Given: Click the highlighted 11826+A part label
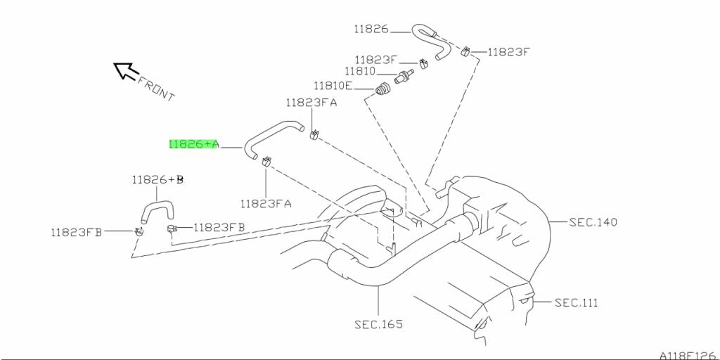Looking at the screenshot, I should tap(193, 144).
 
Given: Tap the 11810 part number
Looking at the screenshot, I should tap(360, 72).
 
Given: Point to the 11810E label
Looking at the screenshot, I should tap(333, 86).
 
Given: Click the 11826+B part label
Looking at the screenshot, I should tap(157, 180).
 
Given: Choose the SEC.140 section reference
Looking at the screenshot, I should tap(593, 222).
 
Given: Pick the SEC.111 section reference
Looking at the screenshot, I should tap(576, 302).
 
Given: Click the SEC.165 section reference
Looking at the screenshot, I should tap(379, 325).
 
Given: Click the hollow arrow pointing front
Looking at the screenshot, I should tap(125, 70).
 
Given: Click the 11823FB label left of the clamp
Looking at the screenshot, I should tap(76, 231).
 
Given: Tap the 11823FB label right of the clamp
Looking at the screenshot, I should tap(219, 227).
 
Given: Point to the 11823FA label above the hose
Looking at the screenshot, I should tap(311, 102).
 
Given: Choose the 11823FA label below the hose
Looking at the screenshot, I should tap(265, 204).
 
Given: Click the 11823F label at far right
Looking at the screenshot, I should tap(508, 51).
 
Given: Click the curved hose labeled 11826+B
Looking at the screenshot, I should tap(156, 209).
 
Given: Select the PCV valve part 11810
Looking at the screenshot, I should tap(404, 76).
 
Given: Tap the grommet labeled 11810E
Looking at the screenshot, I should tap(383, 90).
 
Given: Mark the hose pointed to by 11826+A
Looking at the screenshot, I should tap(271, 133).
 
